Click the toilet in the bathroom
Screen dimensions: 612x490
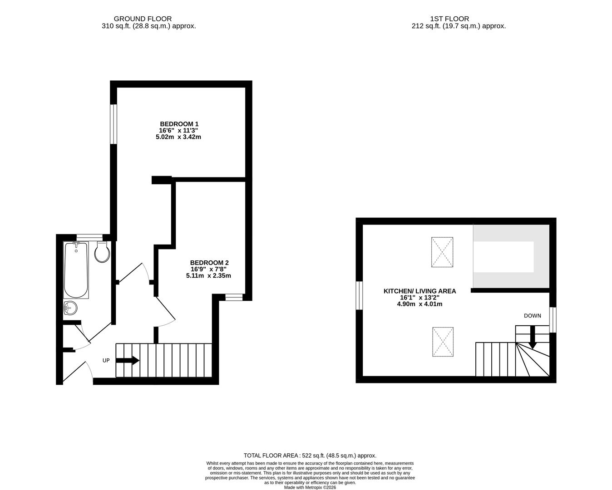(x=102, y=252)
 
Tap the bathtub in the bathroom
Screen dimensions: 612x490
(x=76, y=270)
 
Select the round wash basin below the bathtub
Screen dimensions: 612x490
(x=70, y=308)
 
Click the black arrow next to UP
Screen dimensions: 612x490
(x=128, y=360)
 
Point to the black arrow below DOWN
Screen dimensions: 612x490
(x=533, y=337)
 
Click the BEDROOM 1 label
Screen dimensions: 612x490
(x=179, y=124)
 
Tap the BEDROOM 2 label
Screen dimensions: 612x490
(x=209, y=263)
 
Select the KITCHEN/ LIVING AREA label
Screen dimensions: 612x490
(x=420, y=291)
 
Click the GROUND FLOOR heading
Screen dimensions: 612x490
(x=143, y=19)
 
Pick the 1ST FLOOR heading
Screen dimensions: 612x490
(x=449, y=19)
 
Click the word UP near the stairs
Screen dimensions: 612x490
(x=106, y=360)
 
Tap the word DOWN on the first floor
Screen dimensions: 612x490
(x=533, y=316)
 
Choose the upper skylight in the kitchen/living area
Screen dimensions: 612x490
(x=442, y=252)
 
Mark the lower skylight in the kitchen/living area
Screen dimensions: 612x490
(x=443, y=342)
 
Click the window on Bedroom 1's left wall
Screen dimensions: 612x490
(x=114, y=124)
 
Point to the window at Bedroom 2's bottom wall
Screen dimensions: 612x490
(x=234, y=297)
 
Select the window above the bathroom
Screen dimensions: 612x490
(x=89, y=237)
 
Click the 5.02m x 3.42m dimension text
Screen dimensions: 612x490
(x=178, y=137)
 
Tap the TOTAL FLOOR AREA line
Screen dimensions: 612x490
(x=310, y=456)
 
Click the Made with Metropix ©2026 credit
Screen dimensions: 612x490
(x=310, y=487)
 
